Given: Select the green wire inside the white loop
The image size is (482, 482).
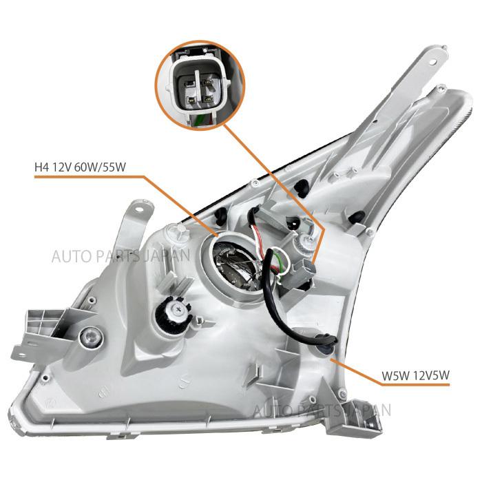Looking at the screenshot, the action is (277, 262).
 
